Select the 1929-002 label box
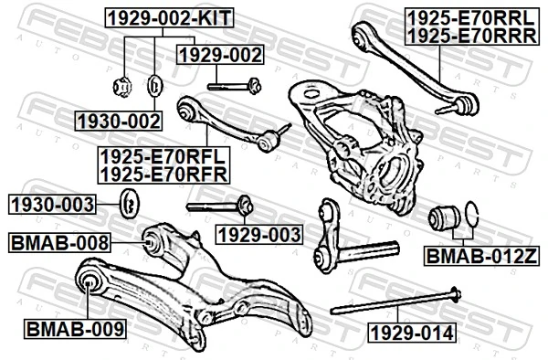point(220,56)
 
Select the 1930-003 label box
point(53,203)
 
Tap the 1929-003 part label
point(258,235)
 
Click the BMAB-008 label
point(59,242)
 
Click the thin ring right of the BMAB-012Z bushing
point(471,217)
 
